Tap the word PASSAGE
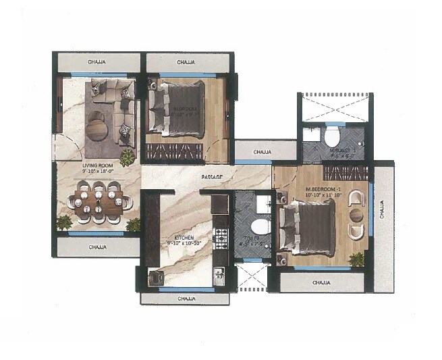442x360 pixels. [x=211, y=177]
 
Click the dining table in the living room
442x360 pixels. [x=99, y=203]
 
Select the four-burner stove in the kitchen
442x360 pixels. [x=220, y=236]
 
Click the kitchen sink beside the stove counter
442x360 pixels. [x=219, y=274]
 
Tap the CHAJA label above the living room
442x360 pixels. [x=98, y=63]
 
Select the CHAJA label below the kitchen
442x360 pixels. [x=186, y=298]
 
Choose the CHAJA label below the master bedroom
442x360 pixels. [x=321, y=281]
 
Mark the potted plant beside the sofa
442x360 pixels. [x=126, y=157]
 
